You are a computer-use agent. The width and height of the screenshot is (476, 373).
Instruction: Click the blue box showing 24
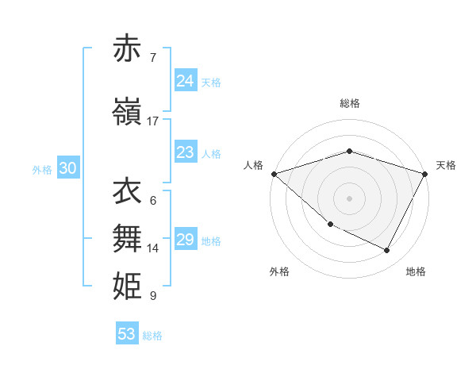(186, 81)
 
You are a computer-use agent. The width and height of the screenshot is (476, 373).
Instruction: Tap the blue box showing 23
(186, 152)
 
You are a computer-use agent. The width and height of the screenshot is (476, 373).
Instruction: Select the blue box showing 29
(186, 240)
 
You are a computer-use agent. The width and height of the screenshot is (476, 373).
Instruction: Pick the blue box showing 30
(67, 168)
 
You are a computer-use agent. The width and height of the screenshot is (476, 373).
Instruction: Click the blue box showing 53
(127, 334)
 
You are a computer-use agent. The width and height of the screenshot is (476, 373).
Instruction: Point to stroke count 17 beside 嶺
(153, 121)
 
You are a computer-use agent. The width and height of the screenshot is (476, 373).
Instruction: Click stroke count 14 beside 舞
(153, 248)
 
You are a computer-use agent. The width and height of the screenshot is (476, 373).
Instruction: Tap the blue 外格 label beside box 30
(42, 169)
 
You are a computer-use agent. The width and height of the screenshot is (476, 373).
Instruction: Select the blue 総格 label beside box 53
(152, 336)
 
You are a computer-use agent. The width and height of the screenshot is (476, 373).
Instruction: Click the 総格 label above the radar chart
(349, 103)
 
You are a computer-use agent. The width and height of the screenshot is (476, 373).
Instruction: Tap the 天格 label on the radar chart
(446, 165)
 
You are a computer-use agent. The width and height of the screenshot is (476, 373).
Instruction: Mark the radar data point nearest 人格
(274, 174)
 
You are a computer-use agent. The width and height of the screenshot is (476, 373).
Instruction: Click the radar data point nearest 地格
(387, 251)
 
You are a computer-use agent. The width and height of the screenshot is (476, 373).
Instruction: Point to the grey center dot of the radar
(349, 198)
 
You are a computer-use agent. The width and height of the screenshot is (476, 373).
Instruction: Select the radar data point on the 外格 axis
(330, 225)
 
